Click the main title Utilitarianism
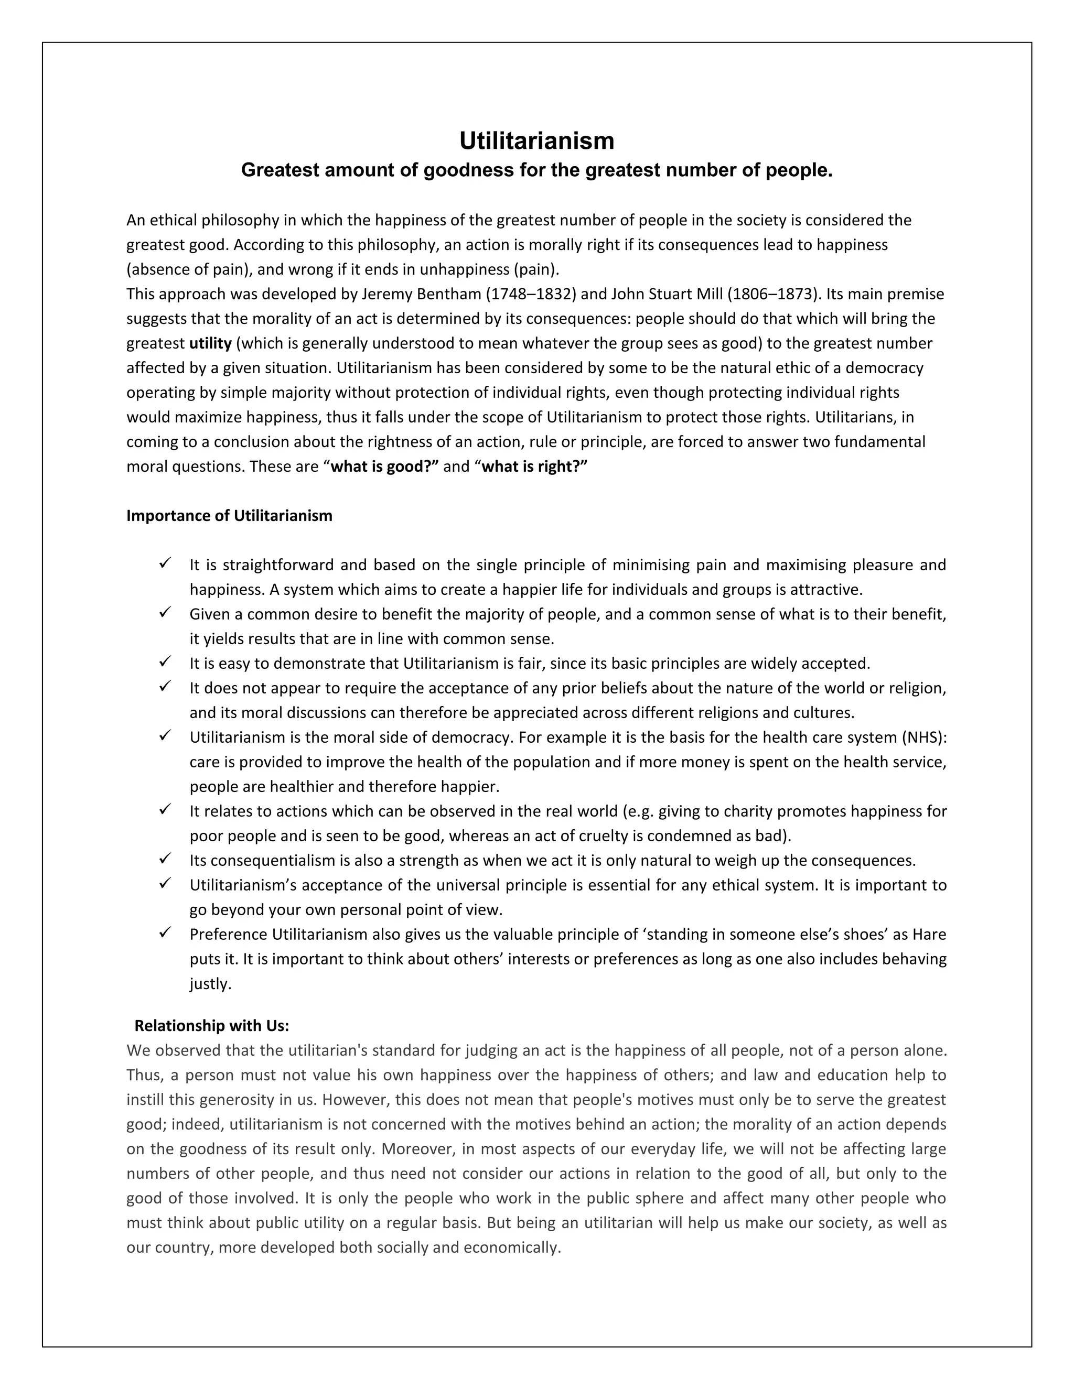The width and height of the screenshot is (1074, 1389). tap(536, 140)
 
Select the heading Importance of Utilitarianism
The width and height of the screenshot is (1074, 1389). tap(229, 515)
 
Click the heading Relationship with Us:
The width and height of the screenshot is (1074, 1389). tap(211, 1025)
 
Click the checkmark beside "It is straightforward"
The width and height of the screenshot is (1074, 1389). tap(165, 563)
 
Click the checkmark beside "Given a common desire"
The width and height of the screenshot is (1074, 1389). tap(165, 612)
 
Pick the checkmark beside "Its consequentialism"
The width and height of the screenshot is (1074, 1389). tap(165, 859)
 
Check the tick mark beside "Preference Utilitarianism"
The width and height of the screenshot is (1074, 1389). tap(165, 932)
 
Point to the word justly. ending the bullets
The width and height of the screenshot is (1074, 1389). tap(210, 984)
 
